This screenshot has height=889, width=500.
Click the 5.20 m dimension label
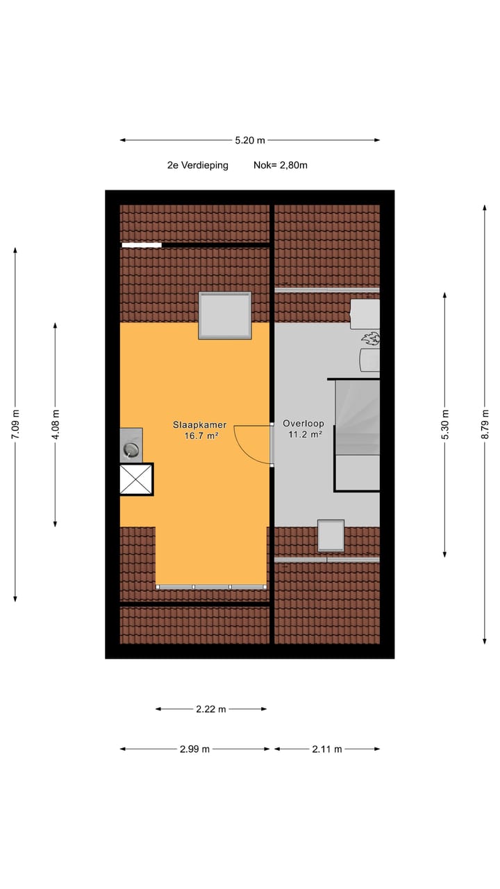250,140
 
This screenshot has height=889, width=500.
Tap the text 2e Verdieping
197,165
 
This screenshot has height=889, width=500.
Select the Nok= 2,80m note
281,165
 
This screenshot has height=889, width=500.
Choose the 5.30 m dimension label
445,424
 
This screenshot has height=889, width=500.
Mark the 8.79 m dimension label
485,424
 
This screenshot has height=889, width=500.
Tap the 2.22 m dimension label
211,709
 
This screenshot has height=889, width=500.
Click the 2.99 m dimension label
194,749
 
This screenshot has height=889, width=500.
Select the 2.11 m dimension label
327,749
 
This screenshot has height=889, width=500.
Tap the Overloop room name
303,423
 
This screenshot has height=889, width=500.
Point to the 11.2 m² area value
304,435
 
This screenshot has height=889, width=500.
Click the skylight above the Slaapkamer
224,315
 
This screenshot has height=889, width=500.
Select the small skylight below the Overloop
331,535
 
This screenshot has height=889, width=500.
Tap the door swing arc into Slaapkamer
250,444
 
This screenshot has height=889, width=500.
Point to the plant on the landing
371,339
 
